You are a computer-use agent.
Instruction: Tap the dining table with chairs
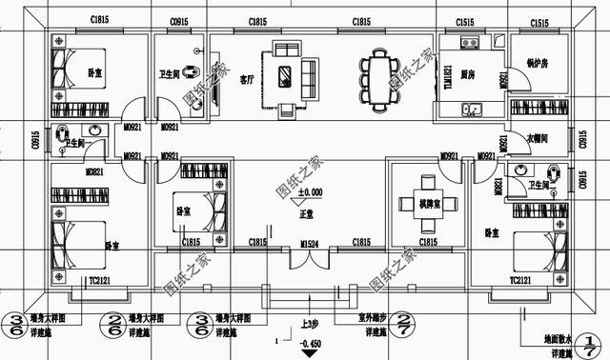click(378, 76)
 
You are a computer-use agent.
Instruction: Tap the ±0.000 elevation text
click(310, 192)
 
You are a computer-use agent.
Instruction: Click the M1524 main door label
click(309, 244)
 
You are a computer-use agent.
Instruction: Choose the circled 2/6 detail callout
click(113, 324)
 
